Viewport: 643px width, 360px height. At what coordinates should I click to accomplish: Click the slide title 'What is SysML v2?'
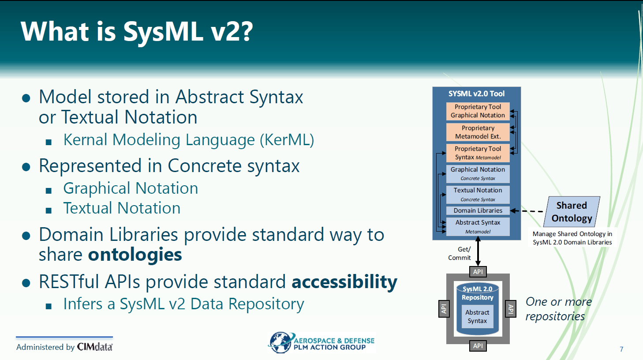137,32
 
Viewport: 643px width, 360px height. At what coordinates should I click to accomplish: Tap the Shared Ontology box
572,212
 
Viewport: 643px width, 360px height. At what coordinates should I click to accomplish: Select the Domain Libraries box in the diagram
478,210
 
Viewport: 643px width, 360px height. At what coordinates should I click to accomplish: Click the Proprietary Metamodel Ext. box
478,132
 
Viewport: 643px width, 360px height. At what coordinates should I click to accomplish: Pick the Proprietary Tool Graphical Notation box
478,111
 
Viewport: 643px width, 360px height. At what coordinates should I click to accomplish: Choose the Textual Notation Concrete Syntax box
478,195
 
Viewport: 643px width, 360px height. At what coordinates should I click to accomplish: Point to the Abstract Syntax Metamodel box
478,227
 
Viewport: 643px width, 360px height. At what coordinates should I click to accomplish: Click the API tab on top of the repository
478,272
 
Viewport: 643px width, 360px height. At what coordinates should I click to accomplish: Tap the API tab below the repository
478,345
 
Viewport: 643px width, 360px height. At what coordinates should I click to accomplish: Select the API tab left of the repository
444,309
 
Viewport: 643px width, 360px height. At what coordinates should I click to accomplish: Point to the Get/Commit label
460,254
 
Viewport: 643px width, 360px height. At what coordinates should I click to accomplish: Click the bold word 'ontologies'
135,255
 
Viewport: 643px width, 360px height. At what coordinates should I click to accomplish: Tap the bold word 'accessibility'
344,282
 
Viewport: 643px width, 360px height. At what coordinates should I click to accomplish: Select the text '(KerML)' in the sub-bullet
287,140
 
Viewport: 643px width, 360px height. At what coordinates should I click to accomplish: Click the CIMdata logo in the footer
95,347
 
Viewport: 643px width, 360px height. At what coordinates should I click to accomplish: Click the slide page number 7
621,349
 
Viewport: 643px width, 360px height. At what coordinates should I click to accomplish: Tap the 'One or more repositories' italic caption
559,309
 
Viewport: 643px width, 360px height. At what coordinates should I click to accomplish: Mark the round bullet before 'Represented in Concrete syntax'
26,167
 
